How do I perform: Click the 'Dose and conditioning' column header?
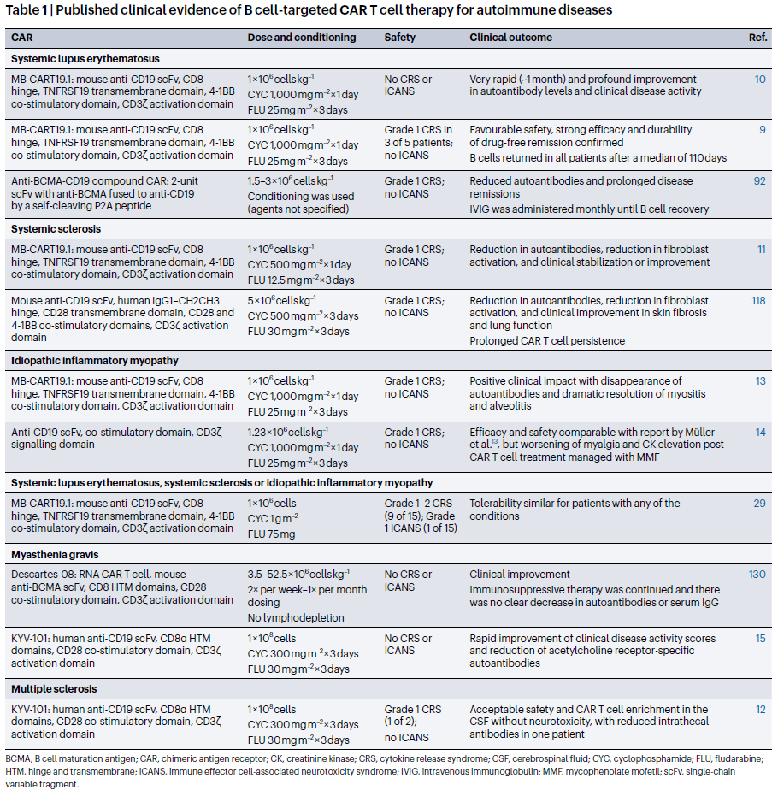pyautogui.click(x=301, y=38)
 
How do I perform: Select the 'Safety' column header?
pyautogui.click(x=401, y=38)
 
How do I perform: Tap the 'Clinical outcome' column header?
pyautogui.click(x=510, y=38)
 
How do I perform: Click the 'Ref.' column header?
pyautogui.click(x=757, y=38)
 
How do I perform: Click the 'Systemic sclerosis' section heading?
pyautogui.click(x=56, y=229)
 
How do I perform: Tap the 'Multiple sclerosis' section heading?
pyautogui.click(x=54, y=688)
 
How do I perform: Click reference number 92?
pyautogui.click(x=759, y=181)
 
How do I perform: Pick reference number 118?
pyautogui.click(x=757, y=301)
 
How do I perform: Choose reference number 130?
pyautogui.click(x=757, y=575)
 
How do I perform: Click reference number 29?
pyautogui.click(x=759, y=504)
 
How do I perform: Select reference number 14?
pyautogui.click(x=760, y=433)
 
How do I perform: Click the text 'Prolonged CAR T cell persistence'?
pyautogui.click(x=547, y=340)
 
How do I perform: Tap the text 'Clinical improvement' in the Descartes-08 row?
pyautogui.click(x=519, y=575)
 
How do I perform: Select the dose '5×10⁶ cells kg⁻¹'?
pyautogui.click(x=281, y=301)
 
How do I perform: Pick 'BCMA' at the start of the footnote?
pyautogui.click(x=18, y=758)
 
